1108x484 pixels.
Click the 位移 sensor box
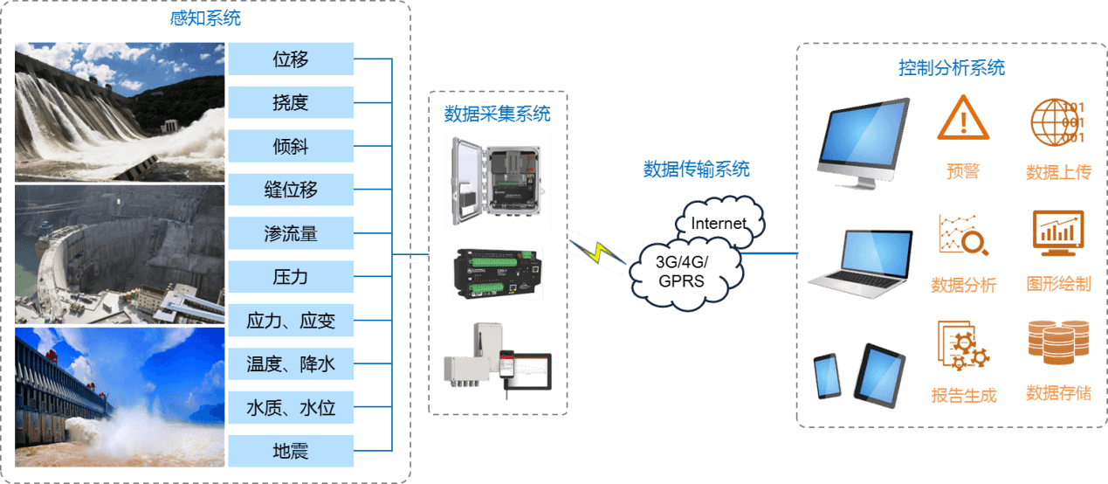click(291, 59)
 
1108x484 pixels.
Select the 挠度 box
click(291, 103)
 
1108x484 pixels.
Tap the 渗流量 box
click(291, 233)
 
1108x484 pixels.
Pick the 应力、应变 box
click(291, 321)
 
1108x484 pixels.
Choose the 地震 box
click(291, 452)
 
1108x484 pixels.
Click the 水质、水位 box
click(291, 408)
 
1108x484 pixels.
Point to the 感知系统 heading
click(205, 17)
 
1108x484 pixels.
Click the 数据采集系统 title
click(498, 114)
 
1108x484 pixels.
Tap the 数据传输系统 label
click(696, 169)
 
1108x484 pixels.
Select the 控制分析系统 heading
click(952, 67)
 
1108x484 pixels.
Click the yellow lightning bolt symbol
click(596, 252)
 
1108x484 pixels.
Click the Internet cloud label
click(718, 223)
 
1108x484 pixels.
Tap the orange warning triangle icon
click(963, 118)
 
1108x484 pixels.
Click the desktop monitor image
click(863, 142)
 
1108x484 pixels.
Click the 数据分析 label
click(963, 285)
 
